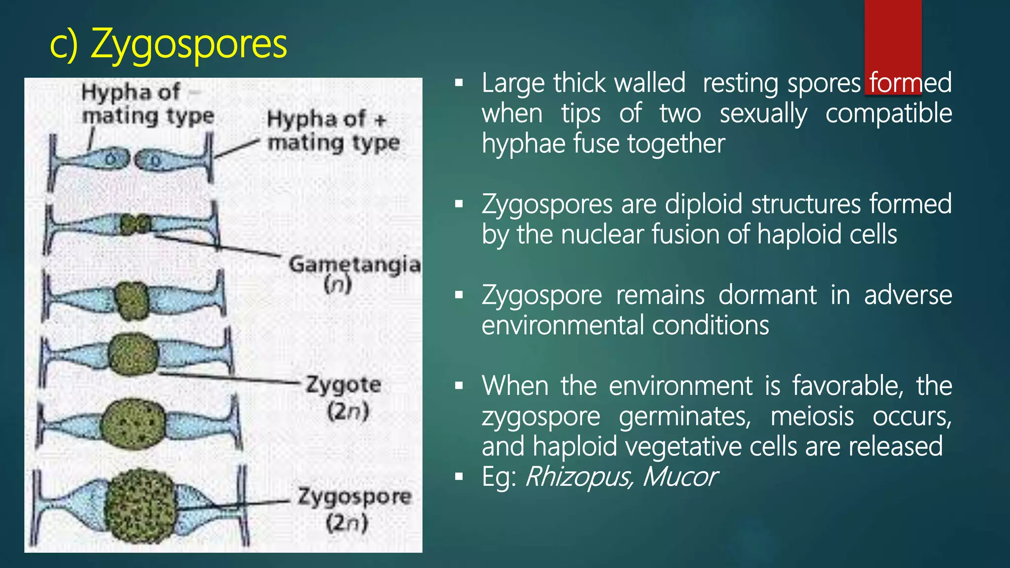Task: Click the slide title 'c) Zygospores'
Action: [168, 45]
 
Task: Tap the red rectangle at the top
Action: [893, 35]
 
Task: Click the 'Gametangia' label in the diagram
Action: [354, 265]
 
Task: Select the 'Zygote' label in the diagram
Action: [344, 385]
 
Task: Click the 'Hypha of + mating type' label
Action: [333, 131]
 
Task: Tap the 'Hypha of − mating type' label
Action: [147, 104]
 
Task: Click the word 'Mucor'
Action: [680, 477]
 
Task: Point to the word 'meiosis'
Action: [812, 416]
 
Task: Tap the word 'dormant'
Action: [767, 295]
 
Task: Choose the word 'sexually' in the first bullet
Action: [763, 114]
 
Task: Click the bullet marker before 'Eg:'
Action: [459, 477]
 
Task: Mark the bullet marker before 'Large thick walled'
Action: [459, 83]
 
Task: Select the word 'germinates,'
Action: [685, 417]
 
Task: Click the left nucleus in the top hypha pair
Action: [112, 159]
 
